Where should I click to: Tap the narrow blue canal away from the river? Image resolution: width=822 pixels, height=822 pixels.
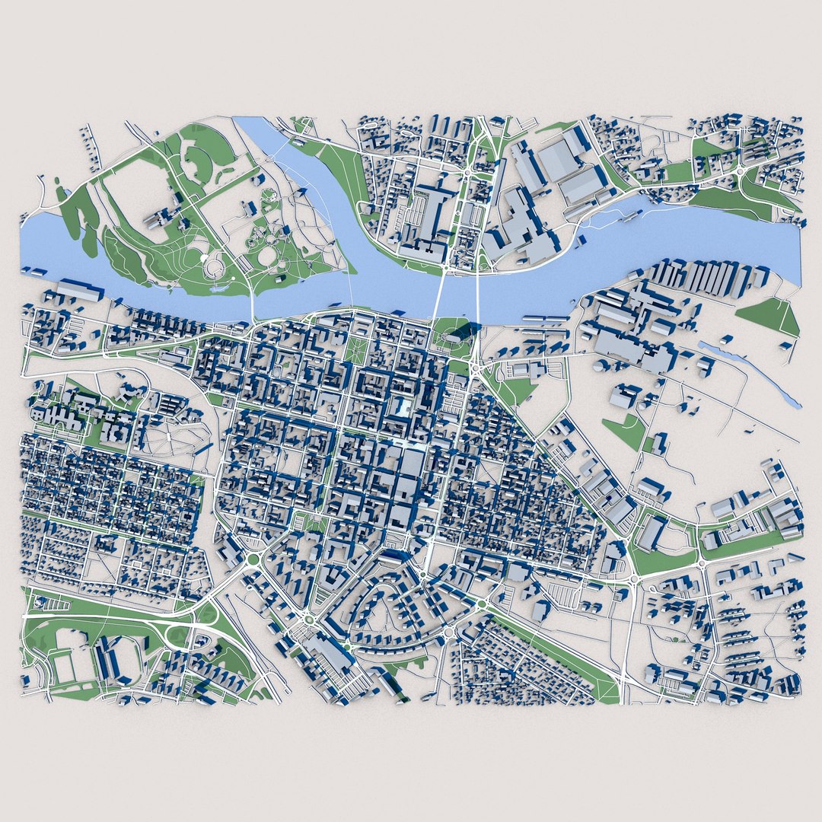point(750,373)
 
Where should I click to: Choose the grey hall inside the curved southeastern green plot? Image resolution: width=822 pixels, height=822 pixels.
point(652,533)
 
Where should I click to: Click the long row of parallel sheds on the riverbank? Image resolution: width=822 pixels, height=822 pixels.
point(700,278)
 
